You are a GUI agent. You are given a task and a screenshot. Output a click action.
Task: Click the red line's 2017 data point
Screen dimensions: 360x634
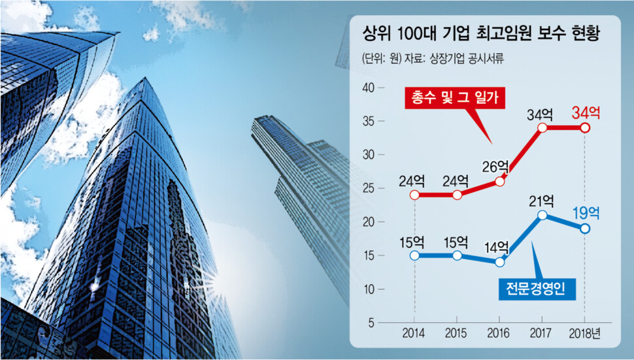point(542,127)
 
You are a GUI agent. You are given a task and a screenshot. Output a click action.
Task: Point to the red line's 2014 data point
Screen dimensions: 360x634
point(414,195)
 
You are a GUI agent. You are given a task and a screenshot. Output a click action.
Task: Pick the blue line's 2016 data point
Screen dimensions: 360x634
point(500,262)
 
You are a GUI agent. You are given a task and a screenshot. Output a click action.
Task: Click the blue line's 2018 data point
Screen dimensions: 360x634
point(585,229)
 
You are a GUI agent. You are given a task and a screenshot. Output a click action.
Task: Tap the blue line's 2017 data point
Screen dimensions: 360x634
point(542,215)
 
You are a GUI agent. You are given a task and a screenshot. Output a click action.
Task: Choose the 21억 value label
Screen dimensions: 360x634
point(542,200)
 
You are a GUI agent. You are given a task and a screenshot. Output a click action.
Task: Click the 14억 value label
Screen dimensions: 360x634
point(497,247)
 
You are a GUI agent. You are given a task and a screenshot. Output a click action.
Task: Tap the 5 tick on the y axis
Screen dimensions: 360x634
point(371,323)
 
